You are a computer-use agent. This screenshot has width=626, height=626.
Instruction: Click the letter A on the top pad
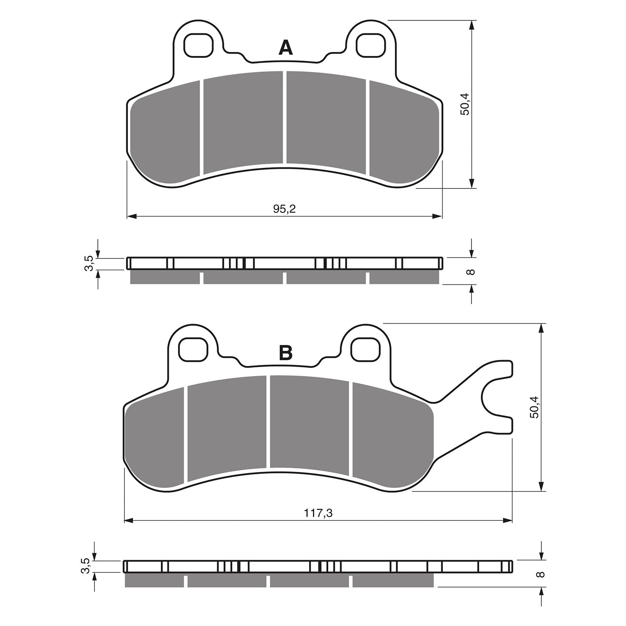pyautogui.click(x=286, y=49)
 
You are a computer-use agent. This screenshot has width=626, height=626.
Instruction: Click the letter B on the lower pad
pyautogui.click(x=286, y=353)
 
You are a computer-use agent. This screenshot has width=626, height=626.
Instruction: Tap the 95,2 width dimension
pyautogui.click(x=284, y=209)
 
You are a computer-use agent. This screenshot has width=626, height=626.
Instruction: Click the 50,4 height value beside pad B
pyautogui.click(x=534, y=407)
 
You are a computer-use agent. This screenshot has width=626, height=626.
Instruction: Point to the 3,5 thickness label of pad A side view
pyautogui.click(x=90, y=263)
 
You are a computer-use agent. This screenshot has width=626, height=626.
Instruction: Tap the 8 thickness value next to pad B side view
pyautogui.click(x=541, y=574)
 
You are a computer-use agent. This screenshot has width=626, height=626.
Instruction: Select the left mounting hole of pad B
pyautogui.click(x=192, y=349)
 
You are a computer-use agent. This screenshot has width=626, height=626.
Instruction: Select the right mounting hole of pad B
pyautogui.click(x=365, y=349)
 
